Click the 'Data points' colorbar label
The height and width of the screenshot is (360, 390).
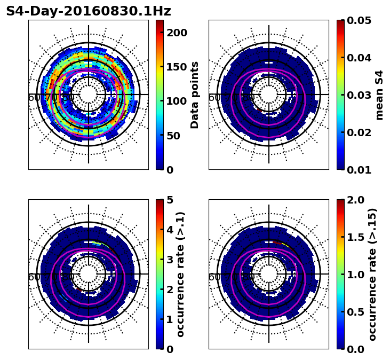click(195, 95)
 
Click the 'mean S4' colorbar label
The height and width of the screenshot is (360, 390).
click(379, 95)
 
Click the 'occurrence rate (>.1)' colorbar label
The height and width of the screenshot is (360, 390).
click(180, 275)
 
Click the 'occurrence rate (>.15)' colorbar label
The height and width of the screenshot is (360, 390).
click(372, 275)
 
